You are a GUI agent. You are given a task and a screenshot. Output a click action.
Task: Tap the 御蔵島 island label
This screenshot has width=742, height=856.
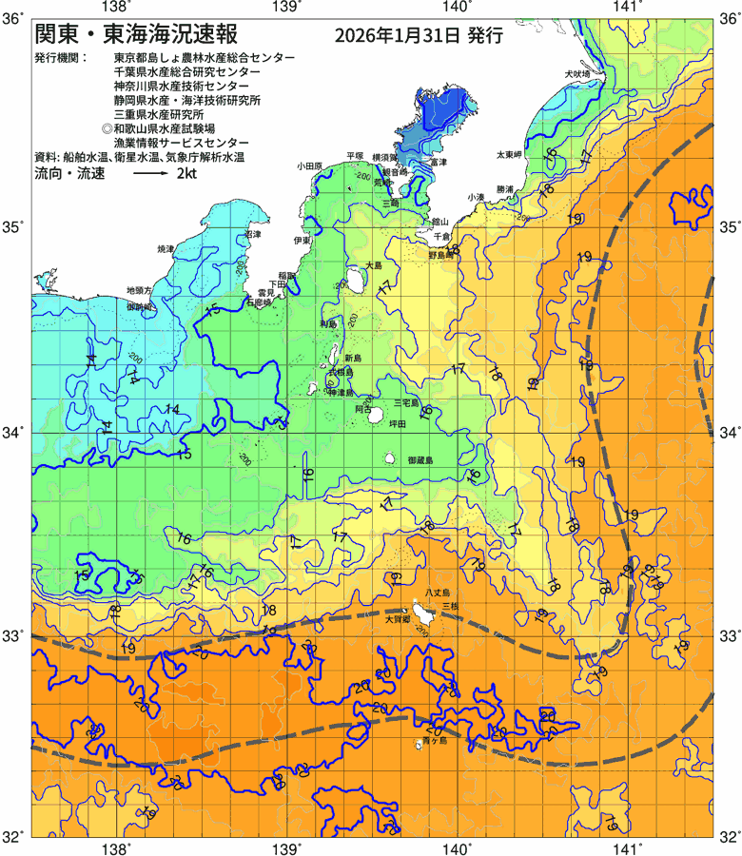pos(420,460)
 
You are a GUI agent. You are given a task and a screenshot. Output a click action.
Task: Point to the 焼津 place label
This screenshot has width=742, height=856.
pos(166,249)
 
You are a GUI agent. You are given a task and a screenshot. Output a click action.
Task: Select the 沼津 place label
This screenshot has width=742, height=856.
pos(253,233)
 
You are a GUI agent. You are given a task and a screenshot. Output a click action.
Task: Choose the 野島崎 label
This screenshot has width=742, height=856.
pos(441,256)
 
